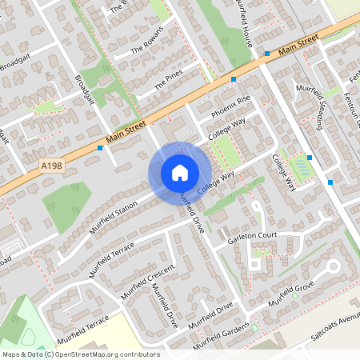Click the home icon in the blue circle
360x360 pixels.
pos(180,172)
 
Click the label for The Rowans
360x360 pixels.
pos(146,41)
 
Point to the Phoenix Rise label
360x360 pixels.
pos(231,107)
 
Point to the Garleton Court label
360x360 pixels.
pos(252,236)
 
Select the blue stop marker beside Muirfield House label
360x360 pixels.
pos(267,54)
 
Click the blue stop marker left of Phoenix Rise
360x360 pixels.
pos(234,79)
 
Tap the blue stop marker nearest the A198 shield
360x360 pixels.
pos(100,148)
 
